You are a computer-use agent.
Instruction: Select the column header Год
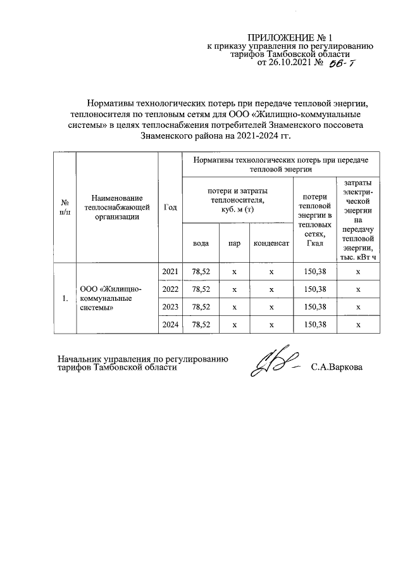point(170,207)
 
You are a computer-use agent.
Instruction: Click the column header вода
point(199,243)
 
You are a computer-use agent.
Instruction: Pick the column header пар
point(234,243)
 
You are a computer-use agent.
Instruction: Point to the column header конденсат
point(271,243)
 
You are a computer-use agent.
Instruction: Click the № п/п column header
point(65,207)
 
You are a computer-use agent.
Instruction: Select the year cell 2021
point(170,272)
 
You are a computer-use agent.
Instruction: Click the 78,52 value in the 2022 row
point(200,289)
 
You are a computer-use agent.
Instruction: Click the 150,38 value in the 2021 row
point(315,272)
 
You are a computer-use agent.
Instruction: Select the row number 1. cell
point(65,298)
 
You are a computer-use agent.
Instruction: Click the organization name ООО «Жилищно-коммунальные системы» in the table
point(111,298)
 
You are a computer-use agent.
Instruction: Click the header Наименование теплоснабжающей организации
point(116,207)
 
